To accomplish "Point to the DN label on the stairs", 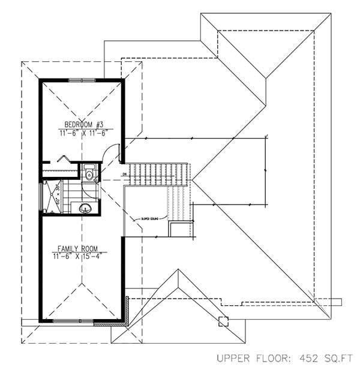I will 124,175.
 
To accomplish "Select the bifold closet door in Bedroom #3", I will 62,157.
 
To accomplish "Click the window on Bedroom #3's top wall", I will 81,80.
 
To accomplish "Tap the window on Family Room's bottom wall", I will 73,322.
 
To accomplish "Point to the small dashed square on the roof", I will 223,320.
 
